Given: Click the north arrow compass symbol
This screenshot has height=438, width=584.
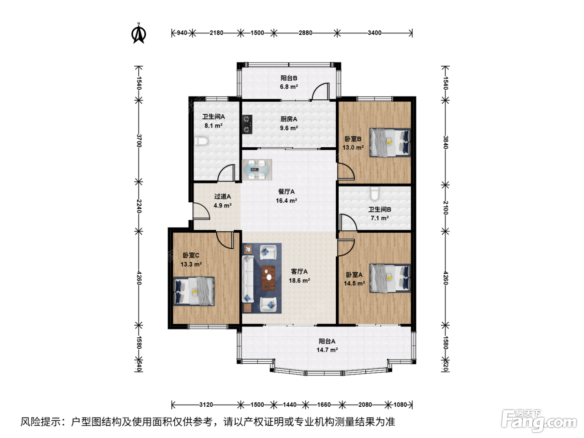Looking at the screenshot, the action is tap(138, 34).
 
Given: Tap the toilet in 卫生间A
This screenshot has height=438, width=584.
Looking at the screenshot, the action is tap(201, 141).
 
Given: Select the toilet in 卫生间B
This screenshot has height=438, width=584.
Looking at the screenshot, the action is tap(375, 194).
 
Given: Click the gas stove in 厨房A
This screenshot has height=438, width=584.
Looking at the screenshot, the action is tap(247, 124).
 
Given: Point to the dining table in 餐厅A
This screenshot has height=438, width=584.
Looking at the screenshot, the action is tap(257, 169).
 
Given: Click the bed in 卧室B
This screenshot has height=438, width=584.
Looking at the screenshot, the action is tap(390, 143).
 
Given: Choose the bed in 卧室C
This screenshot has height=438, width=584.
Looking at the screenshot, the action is tap(194, 291).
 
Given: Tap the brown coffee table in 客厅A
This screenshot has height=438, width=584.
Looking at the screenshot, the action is tap(268, 278).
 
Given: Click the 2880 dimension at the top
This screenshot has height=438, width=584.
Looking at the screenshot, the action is tap(305, 33).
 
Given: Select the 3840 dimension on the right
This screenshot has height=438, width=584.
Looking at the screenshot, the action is tap(446, 142).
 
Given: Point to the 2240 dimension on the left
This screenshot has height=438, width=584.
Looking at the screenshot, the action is tap(139, 206).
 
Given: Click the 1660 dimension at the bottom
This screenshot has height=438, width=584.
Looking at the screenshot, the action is tap(324, 405).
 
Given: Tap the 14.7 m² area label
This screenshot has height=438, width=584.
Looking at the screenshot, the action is tap(327, 350).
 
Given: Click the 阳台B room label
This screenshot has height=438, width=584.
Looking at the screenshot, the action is tap(289, 78).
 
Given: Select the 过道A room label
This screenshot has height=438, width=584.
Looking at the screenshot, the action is tap(222, 196).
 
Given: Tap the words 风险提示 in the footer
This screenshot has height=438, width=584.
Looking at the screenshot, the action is tap(40, 422).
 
